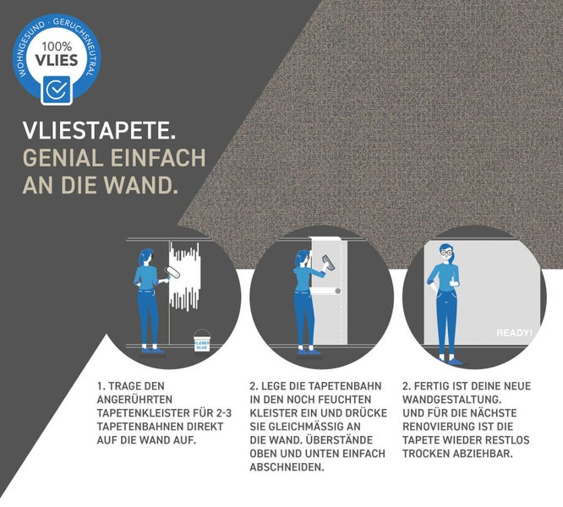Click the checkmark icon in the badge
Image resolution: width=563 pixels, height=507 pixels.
pos(56,89)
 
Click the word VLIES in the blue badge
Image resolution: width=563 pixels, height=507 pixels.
pos(57,62)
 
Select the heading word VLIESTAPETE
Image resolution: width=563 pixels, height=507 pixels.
pos(99,132)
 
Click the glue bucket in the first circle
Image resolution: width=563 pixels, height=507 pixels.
pos(201,340)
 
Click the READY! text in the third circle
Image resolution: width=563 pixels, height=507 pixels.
pos(514,333)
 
